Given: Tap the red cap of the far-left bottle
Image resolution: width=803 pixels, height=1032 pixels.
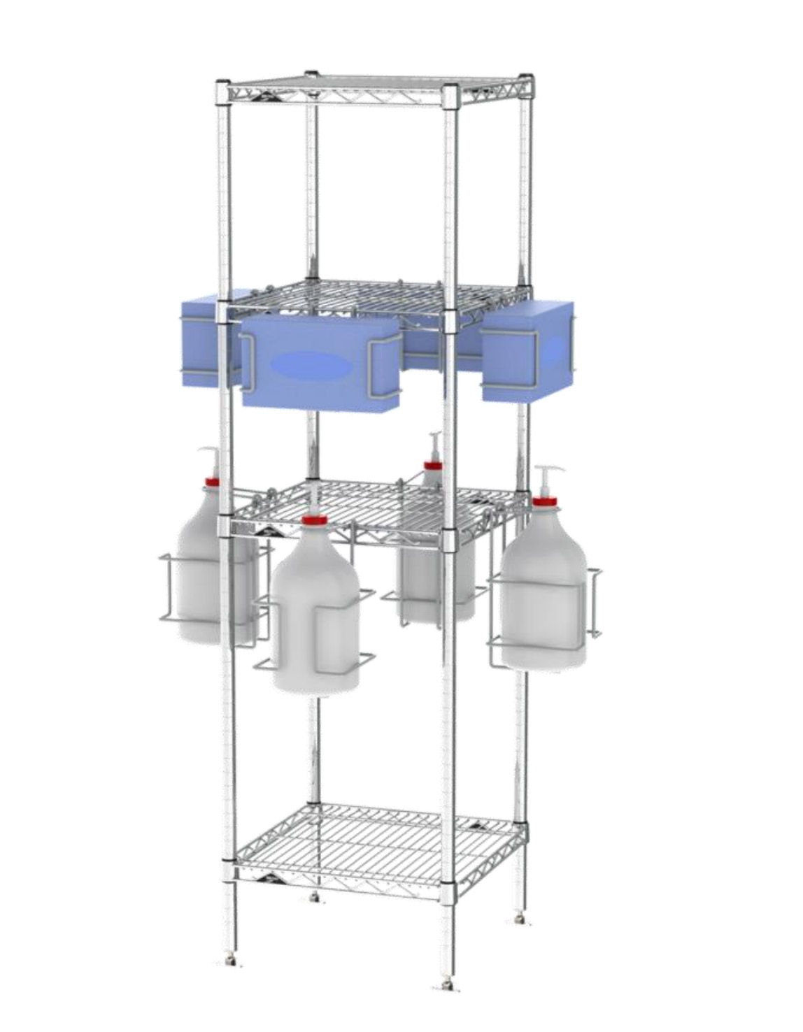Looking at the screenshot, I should pyautogui.click(x=211, y=481).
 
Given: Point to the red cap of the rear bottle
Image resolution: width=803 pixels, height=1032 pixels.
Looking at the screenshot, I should pyautogui.click(x=434, y=465).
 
